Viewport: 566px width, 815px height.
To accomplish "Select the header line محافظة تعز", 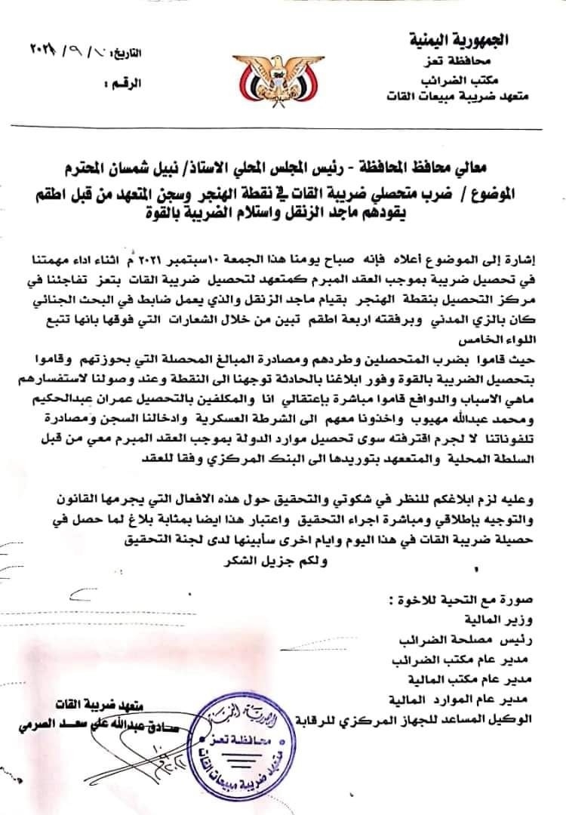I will [481, 60].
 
